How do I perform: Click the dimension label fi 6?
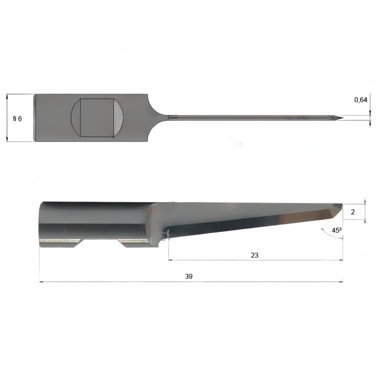tap(17, 119)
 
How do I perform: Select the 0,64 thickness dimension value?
tap(360, 100)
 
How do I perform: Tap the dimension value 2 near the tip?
tap(353, 212)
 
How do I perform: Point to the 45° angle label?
tap(337, 231)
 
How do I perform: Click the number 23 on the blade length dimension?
tap(255, 255)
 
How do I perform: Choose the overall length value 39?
tap(189, 276)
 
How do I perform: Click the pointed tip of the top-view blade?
tap(343, 118)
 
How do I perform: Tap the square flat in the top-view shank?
tap(97, 118)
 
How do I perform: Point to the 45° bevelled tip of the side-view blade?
tap(337, 210)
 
